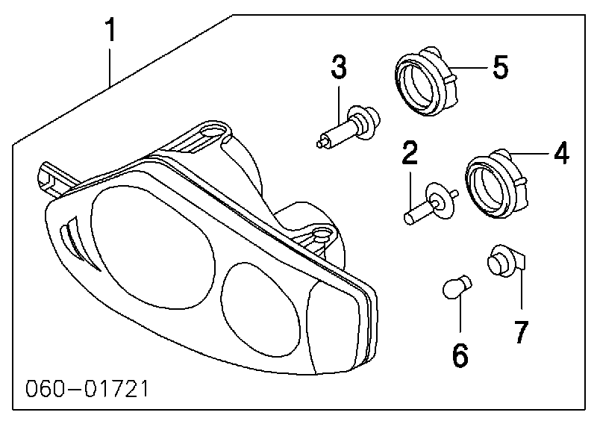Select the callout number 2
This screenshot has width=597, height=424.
[x=410, y=152]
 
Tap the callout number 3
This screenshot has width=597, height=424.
[x=339, y=67]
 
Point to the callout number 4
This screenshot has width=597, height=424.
[x=562, y=153]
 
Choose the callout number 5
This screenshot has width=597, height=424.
[x=500, y=66]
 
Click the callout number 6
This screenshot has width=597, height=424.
[x=460, y=355]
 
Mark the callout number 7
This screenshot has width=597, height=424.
[x=521, y=331]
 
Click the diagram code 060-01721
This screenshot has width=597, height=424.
[x=87, y=389]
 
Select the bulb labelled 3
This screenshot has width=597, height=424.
[x=348, y=126]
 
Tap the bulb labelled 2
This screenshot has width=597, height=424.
[x=431, y=202]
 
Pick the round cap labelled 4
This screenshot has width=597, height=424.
[x=497, y=183]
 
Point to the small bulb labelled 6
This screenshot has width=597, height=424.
[x=457, y=287]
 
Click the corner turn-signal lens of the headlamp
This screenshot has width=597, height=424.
[x=334, y=328]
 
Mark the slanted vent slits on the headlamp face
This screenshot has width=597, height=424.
[x=79, y=243]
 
